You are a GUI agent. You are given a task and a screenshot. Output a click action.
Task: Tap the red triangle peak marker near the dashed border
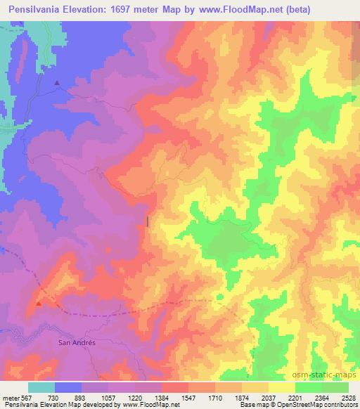tap(39, 304)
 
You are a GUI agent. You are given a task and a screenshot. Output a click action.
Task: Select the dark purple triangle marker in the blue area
tap(57, 83)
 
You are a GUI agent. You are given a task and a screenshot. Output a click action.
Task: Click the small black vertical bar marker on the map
tap(148, 221)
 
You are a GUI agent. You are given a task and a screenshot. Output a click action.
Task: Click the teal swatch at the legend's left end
tap(41, 387)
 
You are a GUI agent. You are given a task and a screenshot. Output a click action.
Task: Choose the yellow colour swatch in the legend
tap(281, 387)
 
